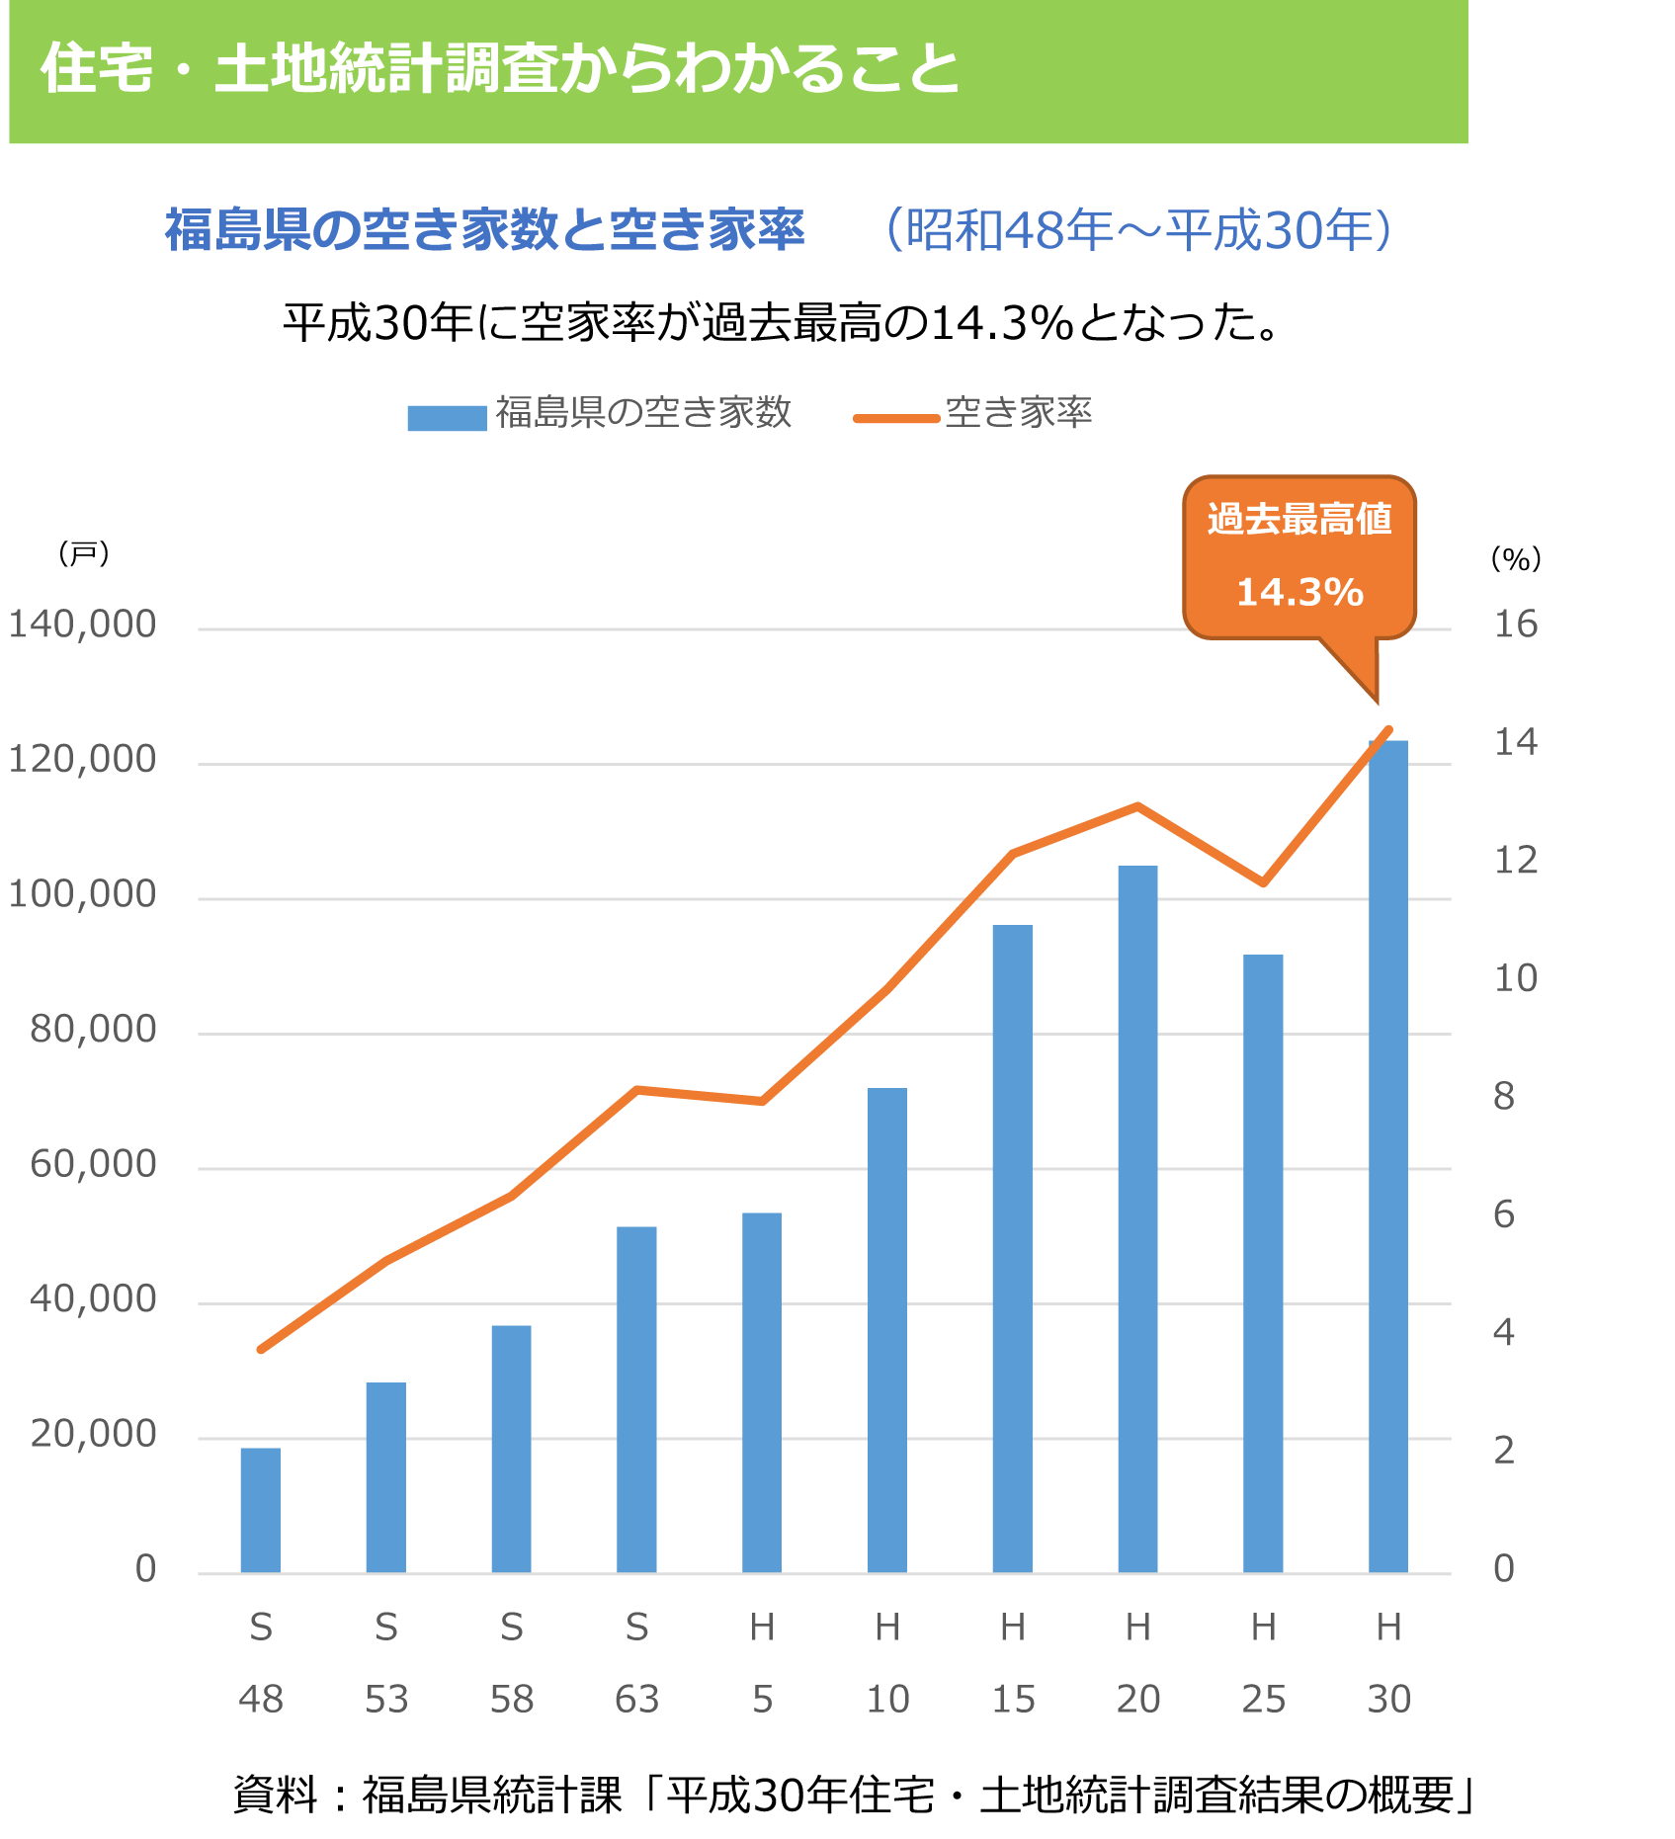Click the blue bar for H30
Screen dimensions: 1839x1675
coord(1387,1156)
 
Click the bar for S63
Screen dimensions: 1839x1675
coord(636,1399)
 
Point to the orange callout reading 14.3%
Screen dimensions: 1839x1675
coord(1299,558)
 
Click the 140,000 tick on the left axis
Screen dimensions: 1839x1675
coord(82,625)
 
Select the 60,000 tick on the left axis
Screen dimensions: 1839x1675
coord(93,1164)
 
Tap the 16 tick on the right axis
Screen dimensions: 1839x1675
coord(1515,625)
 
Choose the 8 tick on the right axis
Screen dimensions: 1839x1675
coord(1504,1096)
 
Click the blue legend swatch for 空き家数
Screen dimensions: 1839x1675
coord(447,418)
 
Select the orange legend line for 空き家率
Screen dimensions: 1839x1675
coord(896,418)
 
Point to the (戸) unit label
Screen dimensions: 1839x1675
coord(83,553)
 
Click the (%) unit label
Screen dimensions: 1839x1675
coord(1515,559)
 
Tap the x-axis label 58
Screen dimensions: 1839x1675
coord(511,1700)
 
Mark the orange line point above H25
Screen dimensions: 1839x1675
coord(1263,882)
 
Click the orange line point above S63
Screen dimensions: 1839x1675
coord(637,1089)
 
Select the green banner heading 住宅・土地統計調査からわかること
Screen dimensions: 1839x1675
coord(500,69)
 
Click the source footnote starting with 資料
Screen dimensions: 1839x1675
coord(854,1795)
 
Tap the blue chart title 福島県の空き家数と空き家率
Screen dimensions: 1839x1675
coord(484,230)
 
